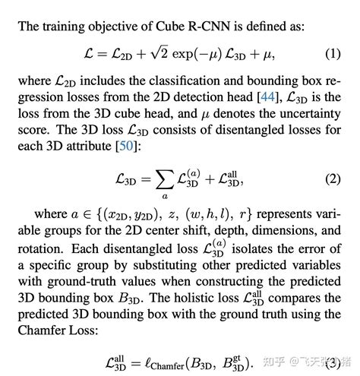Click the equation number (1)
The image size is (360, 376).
(333, 55)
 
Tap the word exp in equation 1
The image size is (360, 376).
(189, 55)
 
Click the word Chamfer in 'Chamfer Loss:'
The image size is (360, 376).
(47, 330)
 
